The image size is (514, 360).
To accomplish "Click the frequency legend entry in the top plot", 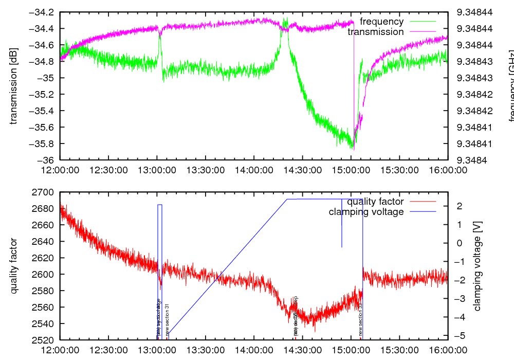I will (x=381, y=22).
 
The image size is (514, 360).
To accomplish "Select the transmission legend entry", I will (x=376, y=32).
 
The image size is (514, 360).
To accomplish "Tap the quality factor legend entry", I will (x=375, y=202).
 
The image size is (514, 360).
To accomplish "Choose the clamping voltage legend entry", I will (x=366, y=212).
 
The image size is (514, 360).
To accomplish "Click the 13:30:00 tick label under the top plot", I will (x=206, y=169).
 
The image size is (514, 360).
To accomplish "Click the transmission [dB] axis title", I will (x=14, y=86).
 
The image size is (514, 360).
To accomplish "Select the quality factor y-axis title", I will (x=14, y=266).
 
